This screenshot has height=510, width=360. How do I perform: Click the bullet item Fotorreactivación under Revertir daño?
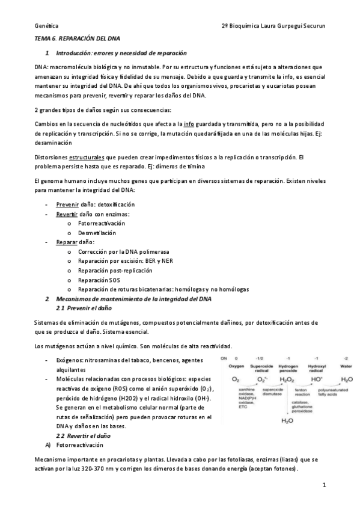coord(103,223)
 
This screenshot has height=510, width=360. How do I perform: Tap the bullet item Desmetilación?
coord(97,233)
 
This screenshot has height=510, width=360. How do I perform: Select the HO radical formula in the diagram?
coord(316,379)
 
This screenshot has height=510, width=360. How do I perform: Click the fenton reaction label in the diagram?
coord(302,393)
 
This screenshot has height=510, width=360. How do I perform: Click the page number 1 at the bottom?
coord(323,484)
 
